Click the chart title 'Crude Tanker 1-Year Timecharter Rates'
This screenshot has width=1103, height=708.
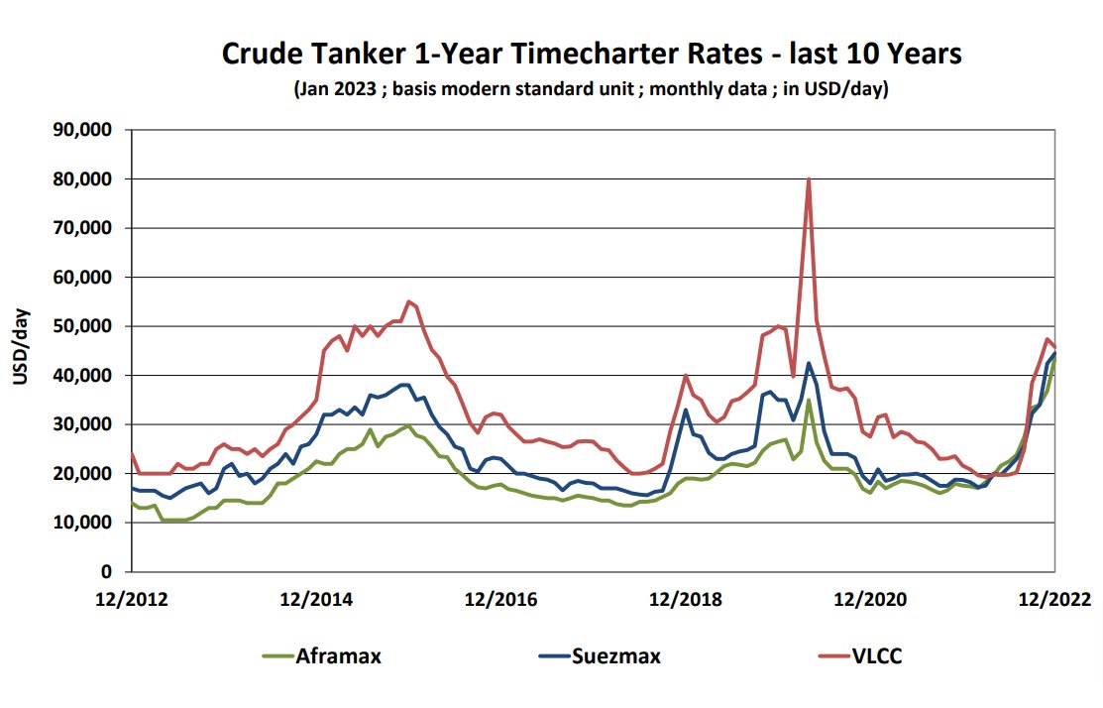(x=591, y=54)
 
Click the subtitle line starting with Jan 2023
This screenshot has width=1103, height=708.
(x=591, y=89)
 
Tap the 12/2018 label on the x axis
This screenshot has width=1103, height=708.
(x=685, y=599)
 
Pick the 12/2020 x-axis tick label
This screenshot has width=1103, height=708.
(x=869, y=599)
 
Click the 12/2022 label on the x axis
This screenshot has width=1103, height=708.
(x=1053, y=599)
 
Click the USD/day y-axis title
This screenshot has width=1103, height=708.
(x=22, y=350)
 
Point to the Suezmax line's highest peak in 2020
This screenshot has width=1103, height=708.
(x=809, y=363)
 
